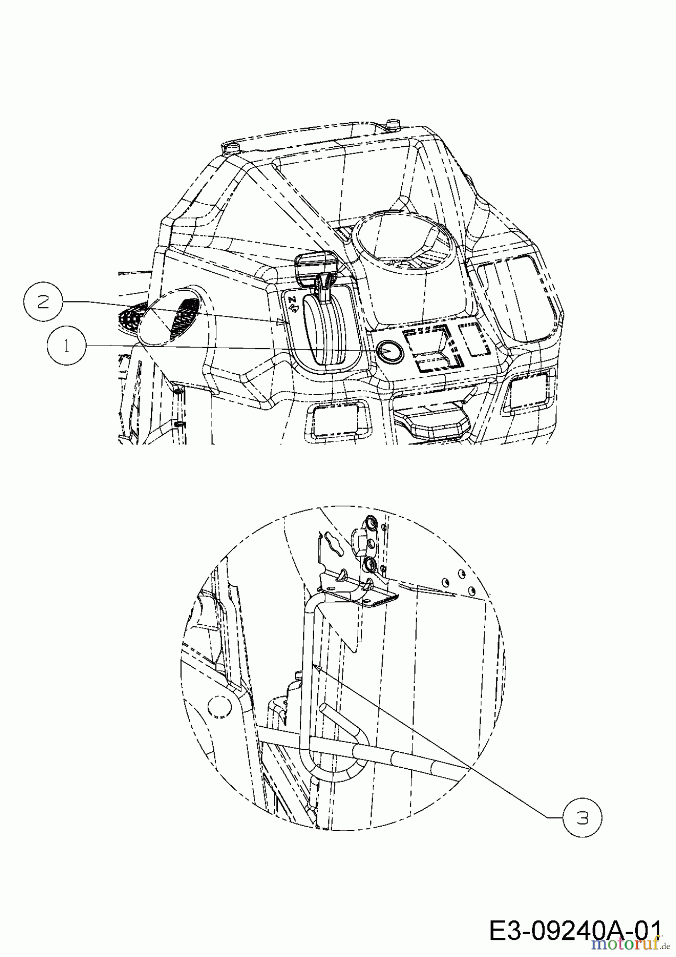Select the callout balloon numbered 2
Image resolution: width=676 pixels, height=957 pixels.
pyautogui.click(x=44, y=302)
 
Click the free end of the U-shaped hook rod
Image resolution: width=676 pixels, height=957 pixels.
pyautogui.click(x=330, y=708)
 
